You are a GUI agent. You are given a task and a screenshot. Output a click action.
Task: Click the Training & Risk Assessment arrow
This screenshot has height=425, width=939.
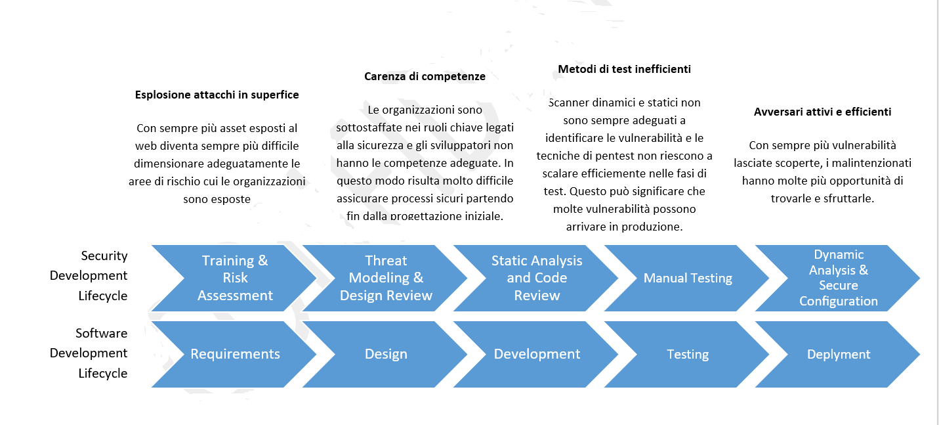pyautogui.click(x=235, y=278)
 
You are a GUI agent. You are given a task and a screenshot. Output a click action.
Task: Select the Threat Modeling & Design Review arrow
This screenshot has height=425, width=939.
pyautogui.click(x=386, y=278)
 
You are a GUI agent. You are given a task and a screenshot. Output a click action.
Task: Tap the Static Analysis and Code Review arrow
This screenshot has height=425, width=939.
pyautogui.click(x=537, y=278)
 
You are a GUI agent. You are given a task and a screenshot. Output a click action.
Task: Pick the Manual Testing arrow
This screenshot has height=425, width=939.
pyautogui.click(x=688, y=278)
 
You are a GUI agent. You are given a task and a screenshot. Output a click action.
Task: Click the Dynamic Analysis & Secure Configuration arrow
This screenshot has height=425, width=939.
pyautogui.click(x=838, y=278)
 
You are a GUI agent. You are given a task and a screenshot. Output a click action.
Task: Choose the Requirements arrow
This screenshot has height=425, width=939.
pyautogui.click(x=235, y=354)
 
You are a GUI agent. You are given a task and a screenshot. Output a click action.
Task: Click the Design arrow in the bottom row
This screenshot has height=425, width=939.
pyautogui.click(x=386, y=354)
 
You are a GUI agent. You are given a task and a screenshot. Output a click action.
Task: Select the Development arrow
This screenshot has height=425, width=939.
pyautogui.click(x=537, y=354)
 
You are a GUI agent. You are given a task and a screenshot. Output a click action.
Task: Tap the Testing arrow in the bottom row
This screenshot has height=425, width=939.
pyautogui.click(x=688, y=354)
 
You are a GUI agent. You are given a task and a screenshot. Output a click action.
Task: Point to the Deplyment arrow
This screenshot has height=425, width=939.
pyautogui.click(x=838, y=354)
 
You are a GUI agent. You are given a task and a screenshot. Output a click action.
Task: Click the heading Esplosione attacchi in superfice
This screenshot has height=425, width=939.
pyautogui.click(x=217, y=95)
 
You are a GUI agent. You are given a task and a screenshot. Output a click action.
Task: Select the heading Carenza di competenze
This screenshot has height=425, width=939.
pyautogui.click(x=425, y=76)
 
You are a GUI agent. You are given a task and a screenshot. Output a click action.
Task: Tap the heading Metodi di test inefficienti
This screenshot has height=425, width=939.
pyautogui.click(x=624, y=69)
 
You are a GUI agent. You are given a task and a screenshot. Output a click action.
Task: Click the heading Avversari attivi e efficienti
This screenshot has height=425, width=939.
pyautogui.click(x=822, y=112)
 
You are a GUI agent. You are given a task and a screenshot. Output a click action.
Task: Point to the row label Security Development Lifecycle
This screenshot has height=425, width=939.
pyautogui.click(x=89, y=275)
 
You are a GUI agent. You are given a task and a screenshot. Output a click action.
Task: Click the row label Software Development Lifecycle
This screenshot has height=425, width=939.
pyautogui.click(x=89, y=353)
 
